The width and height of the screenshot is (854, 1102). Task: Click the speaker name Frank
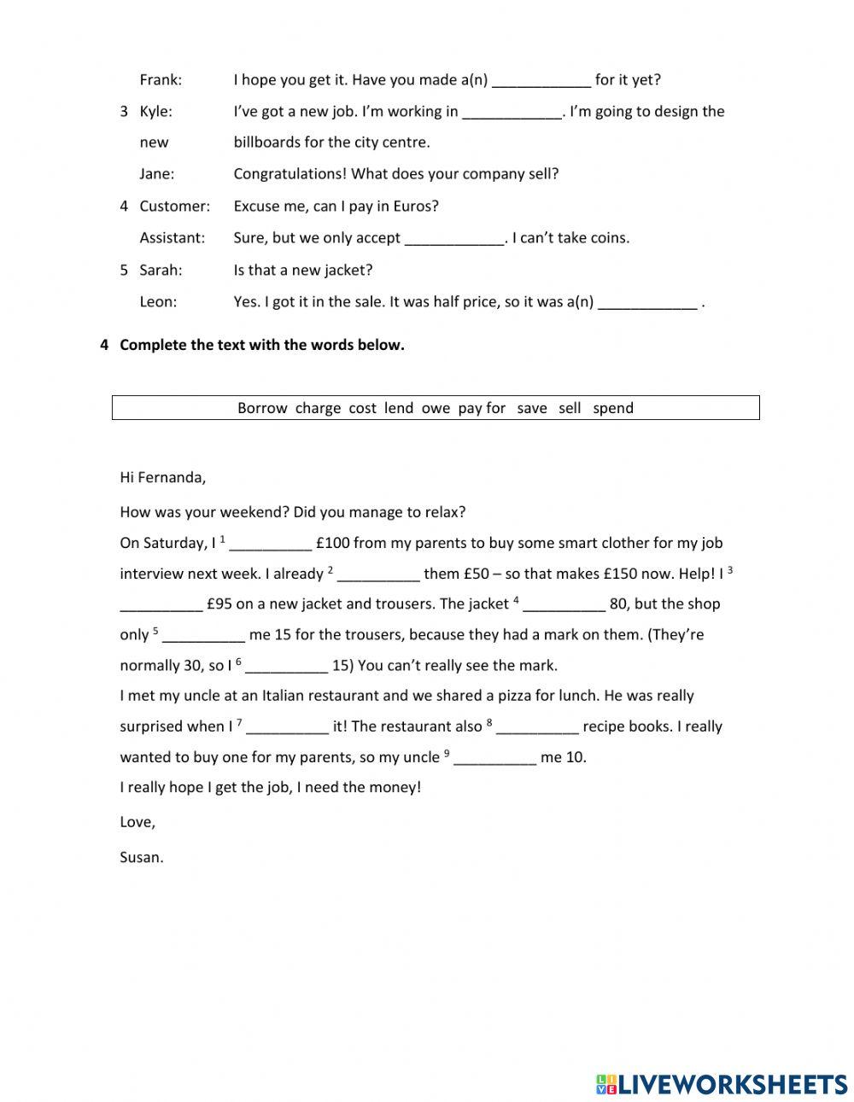161,80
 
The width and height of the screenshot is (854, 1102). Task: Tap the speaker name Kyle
155,111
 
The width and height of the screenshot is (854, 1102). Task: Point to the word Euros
414,206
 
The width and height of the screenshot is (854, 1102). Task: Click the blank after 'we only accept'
454,239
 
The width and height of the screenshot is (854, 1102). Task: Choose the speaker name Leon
158,301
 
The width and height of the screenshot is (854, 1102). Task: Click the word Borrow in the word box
262,408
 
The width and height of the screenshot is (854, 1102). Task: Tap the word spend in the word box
613,408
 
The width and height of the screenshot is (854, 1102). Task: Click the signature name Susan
141,858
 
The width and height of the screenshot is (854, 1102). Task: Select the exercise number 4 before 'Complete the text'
104,345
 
